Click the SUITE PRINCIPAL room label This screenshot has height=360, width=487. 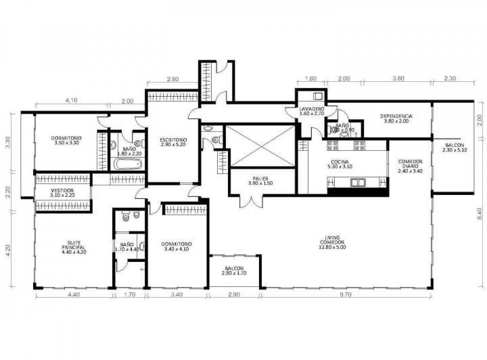[74, 246]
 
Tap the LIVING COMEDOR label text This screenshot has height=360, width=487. [331, 241]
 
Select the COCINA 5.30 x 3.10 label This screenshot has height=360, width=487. [340, 162]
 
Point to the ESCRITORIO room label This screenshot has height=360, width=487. [174, 141]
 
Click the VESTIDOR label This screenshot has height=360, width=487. [62, 193]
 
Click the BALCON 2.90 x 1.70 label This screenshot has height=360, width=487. [235, 271]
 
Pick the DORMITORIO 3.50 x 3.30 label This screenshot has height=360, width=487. [66, 140]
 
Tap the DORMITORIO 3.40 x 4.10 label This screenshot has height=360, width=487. [177, 246]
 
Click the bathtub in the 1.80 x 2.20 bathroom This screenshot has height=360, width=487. [128, 164]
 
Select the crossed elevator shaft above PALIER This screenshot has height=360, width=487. [261, 145]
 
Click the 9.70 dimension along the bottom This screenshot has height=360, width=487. [346, 294]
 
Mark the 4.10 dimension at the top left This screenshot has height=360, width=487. [71, 101]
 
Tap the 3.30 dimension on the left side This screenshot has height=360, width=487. [7, 143]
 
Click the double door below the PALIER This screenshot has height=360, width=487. [251, 201]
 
